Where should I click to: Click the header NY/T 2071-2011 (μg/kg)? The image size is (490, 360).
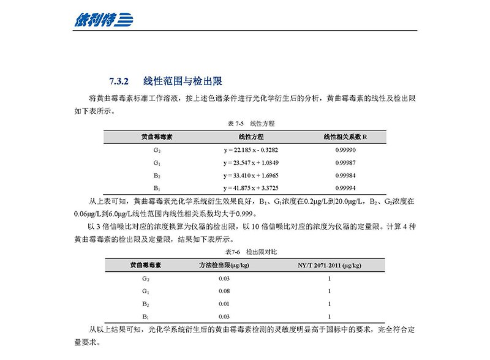[329, 266]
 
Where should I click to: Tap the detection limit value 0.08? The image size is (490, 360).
[224, 291]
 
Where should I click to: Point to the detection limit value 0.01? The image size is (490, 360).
[224, 304]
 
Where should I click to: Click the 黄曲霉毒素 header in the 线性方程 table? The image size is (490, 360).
[157, 137]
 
